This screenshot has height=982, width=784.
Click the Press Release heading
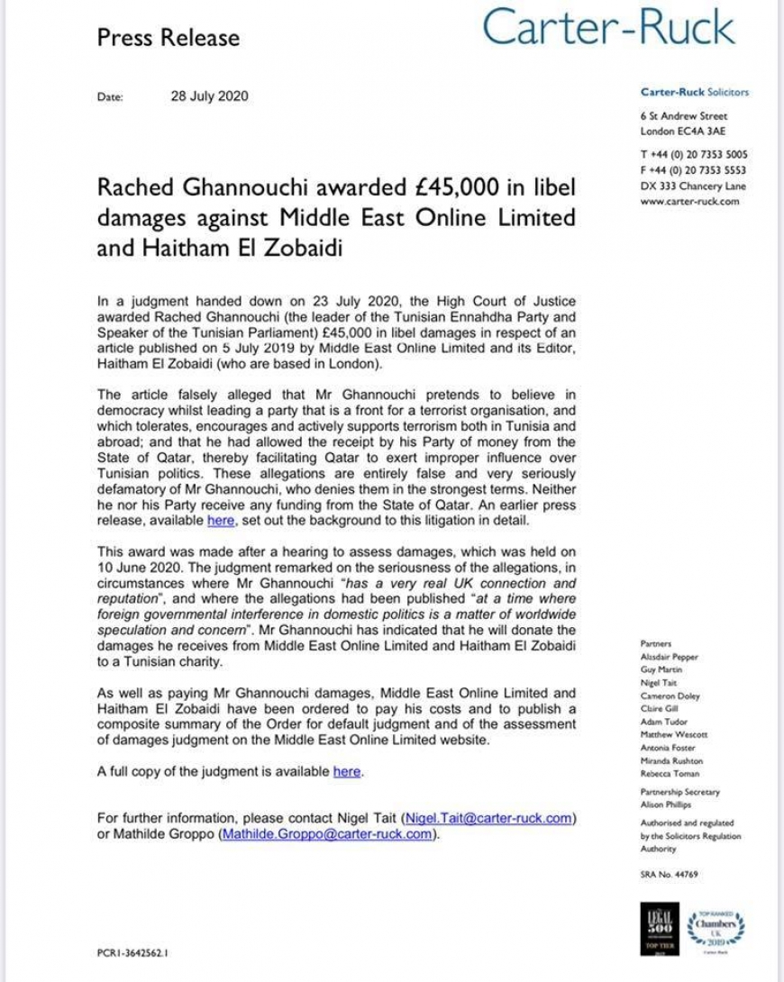coord(169,38)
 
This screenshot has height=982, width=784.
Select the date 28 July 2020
coord(209,96)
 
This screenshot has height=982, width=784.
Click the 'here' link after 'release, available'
coord(221,520)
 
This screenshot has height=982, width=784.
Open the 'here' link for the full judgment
coord(347,772)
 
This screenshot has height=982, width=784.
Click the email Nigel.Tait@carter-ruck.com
coord(489,817)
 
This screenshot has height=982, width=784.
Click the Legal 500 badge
coord(655,925)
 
